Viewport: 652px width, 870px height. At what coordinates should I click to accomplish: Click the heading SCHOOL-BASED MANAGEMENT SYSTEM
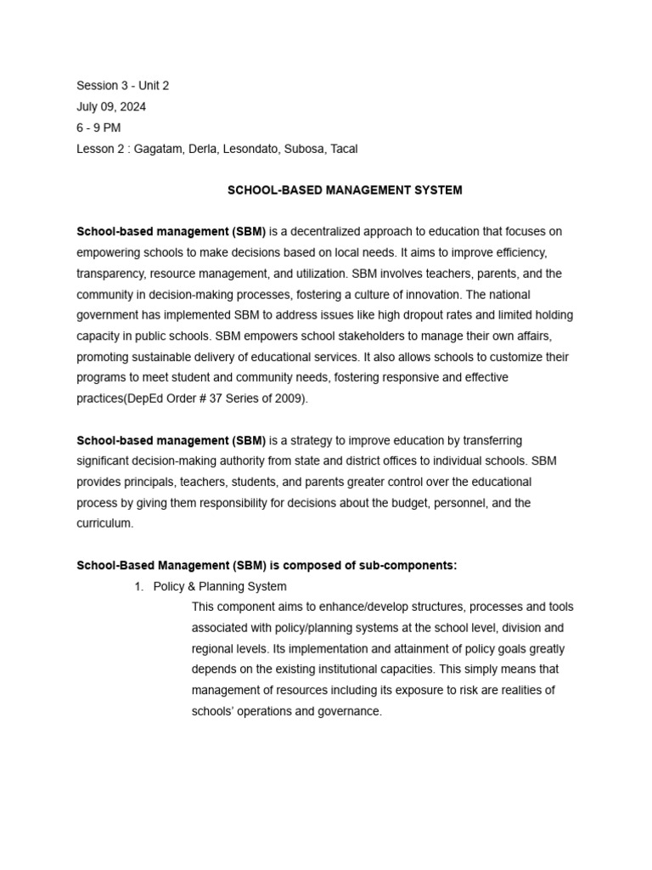[x=345, y=190]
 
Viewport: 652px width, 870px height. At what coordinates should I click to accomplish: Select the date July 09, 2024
[x=110, y=107]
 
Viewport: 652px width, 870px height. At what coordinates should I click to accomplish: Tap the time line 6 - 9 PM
[x=98, y=127]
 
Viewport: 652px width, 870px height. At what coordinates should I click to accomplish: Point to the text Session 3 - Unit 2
[x=128, y=86]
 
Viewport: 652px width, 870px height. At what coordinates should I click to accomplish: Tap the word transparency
[x=111, y=274]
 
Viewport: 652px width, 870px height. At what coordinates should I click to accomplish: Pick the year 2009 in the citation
[x=284, y=398]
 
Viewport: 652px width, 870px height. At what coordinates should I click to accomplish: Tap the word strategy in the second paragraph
[x=312, y=440]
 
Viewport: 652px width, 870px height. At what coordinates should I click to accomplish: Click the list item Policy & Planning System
[x=219, y=586]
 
